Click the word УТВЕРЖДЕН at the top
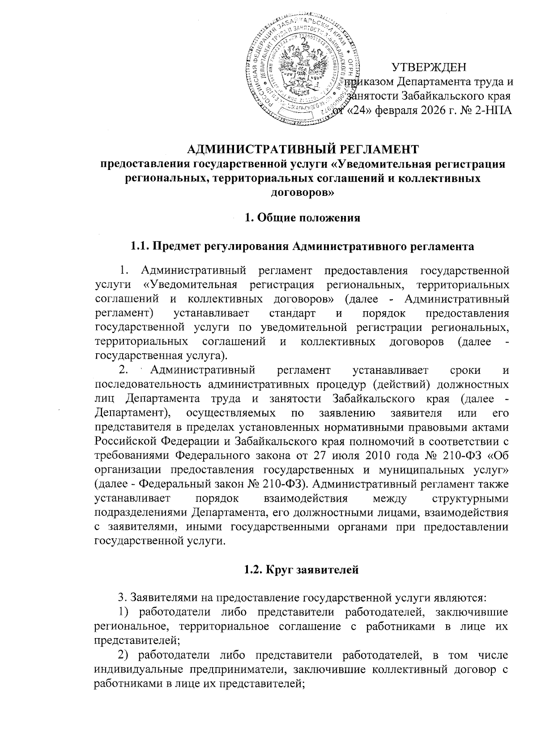click(429, 68)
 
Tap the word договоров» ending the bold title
click(303, 193)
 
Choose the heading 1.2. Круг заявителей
click(303, 569)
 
